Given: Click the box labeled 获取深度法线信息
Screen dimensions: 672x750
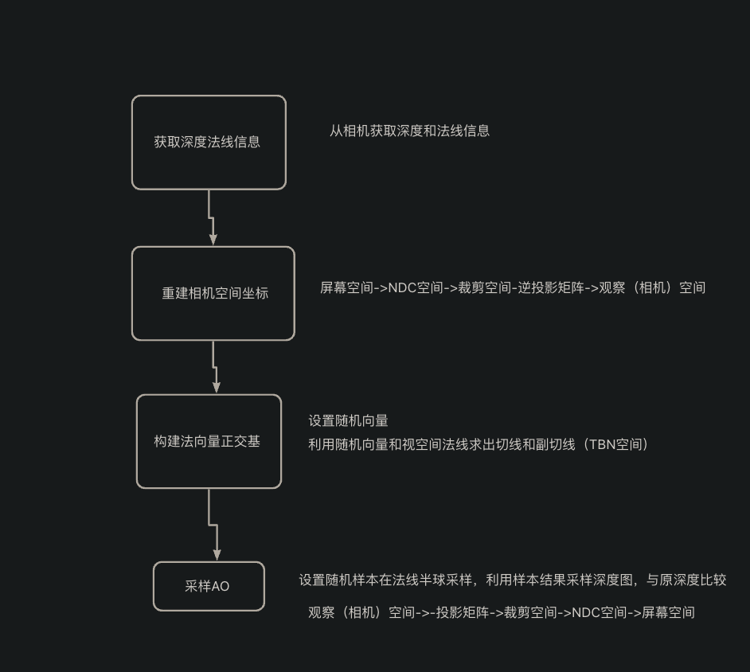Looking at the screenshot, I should click(209, 143).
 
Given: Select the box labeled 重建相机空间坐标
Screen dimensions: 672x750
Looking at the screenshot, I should click(213, 293).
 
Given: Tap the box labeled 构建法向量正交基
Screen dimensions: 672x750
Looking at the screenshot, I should click(209, 441).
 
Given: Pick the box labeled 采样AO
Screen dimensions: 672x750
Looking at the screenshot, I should click(209, 586).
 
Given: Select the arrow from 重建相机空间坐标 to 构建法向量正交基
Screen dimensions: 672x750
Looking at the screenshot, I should click(215, 367).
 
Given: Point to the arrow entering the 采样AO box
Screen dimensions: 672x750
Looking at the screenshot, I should click(214, 525).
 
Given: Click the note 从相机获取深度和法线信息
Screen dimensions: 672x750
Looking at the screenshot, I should click(409, 131).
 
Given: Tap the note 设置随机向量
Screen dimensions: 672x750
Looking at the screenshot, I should click(348, 421).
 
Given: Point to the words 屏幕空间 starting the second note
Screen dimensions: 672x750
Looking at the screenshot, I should click(346, 287).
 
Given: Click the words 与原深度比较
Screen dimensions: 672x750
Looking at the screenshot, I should click(686, 580).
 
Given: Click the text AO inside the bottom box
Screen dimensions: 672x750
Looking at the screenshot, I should click(221, 586).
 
